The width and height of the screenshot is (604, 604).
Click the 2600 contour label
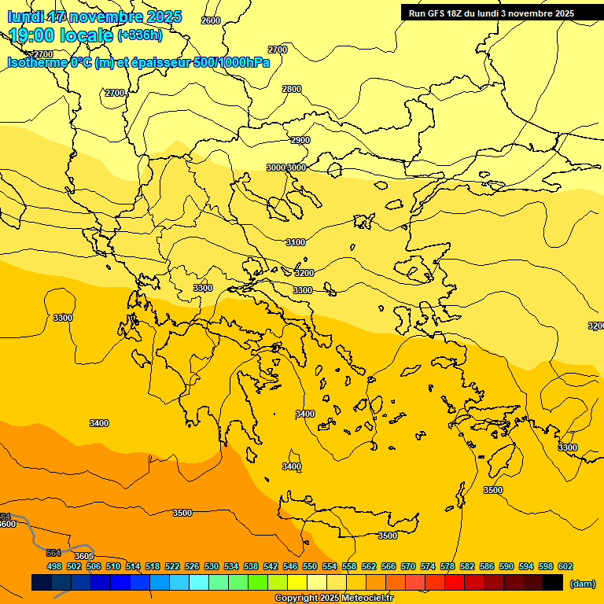(211, 20)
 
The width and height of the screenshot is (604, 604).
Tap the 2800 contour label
(292, 89)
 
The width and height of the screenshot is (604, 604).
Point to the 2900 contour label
(300, 140)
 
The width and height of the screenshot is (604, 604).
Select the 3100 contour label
(296, 242)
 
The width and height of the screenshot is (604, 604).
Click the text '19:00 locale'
(61, 35)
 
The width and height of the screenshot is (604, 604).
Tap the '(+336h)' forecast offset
(140, 35)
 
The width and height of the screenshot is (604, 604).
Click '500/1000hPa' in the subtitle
(231, 62)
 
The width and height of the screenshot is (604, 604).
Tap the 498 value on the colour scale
(54, 566)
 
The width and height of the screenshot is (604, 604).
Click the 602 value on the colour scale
(565, 566)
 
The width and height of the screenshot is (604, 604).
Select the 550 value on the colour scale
(310, 566)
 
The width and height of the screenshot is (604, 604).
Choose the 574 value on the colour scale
(428, 566)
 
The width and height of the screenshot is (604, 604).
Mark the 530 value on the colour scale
(212, 566)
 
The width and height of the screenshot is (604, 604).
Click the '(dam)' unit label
(583, 584)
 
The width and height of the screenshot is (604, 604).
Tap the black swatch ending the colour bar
(553, 582)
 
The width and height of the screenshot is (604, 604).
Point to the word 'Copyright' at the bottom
(296, 598)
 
